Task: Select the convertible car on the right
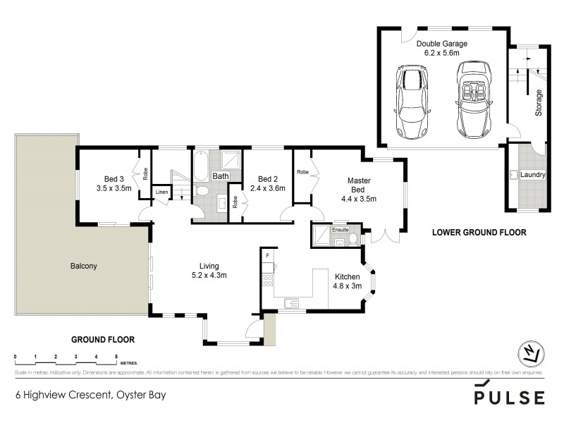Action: tap(472, 101)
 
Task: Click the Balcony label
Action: tap(83, 266)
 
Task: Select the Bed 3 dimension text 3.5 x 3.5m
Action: tap(114, 188)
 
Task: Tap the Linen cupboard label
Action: tap(161, 192)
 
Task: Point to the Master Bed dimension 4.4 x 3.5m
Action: tap(359, 199)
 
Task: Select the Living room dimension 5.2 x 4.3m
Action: tap(207, 275)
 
